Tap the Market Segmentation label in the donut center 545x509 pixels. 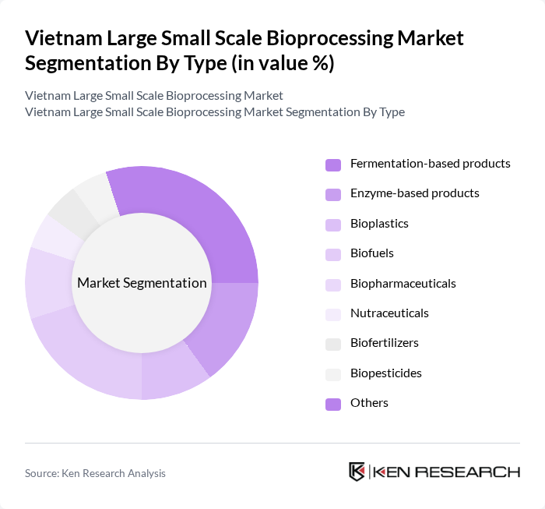(x=142, y=283)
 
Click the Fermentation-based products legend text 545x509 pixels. (x=430, y=164)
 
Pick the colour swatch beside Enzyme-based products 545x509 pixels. (x=333, y=194)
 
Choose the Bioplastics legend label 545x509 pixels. (x=379, y=224)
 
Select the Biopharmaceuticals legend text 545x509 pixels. (x=403, y=283)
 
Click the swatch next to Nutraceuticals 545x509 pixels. (x=333, y=314)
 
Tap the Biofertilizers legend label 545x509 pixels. (x=385, y=343)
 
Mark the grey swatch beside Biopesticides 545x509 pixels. (x=333, y=374)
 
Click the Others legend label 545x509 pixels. (x=369, y=403)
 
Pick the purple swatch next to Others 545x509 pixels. (x=333, y=404)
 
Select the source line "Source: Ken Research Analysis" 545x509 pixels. (x=95, y=473)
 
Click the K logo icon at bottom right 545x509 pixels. (x=357, y=472)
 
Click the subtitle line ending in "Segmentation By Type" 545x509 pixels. (x=215, y=111)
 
